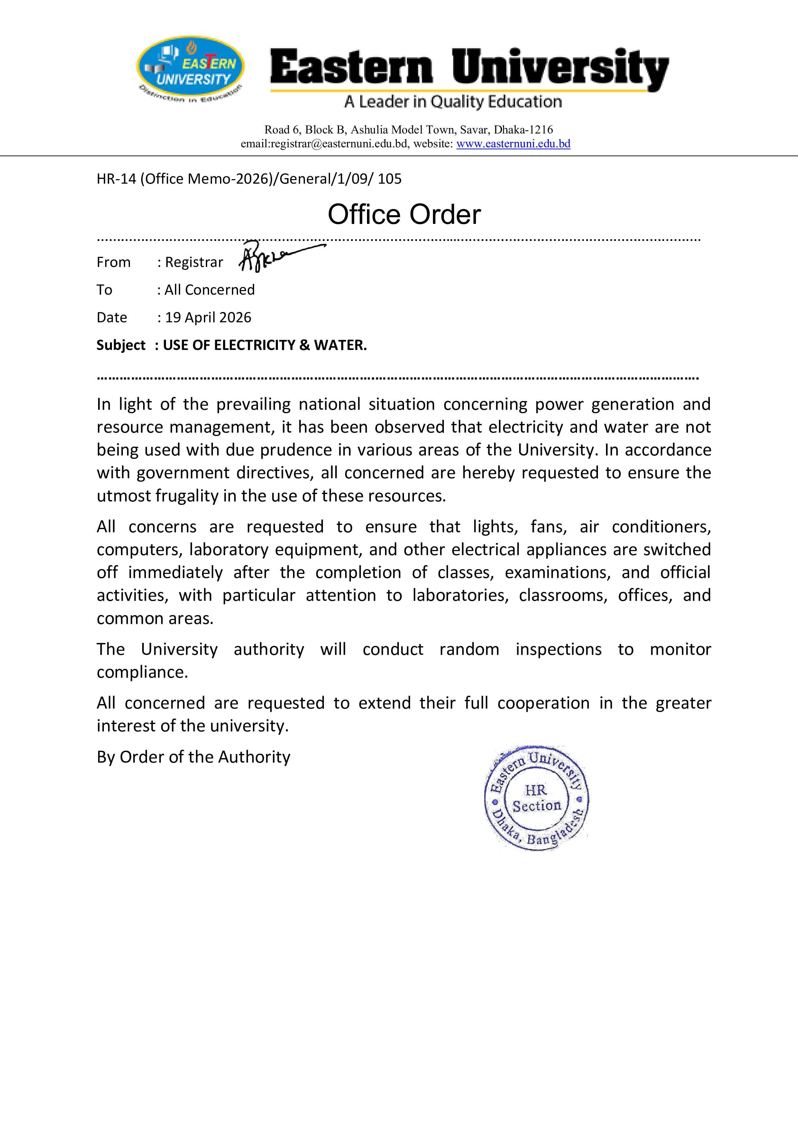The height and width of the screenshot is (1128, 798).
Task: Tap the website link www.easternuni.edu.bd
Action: (x=513, y=144)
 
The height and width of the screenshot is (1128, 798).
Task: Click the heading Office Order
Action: (x=404, y=215)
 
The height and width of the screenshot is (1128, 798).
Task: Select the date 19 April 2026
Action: (x=208, y=317)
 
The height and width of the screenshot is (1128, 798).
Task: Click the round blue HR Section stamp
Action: (x=537, y=798)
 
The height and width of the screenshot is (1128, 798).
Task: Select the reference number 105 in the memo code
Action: (x=390, y=179)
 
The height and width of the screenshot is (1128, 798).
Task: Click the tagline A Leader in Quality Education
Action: (x=453, y=102)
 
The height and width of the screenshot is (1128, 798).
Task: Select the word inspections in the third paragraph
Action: (x=558, y=649)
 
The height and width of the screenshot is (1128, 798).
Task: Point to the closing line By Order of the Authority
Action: (x=193, y=757)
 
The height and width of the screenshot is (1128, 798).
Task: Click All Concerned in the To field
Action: (x=209, y=290)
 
